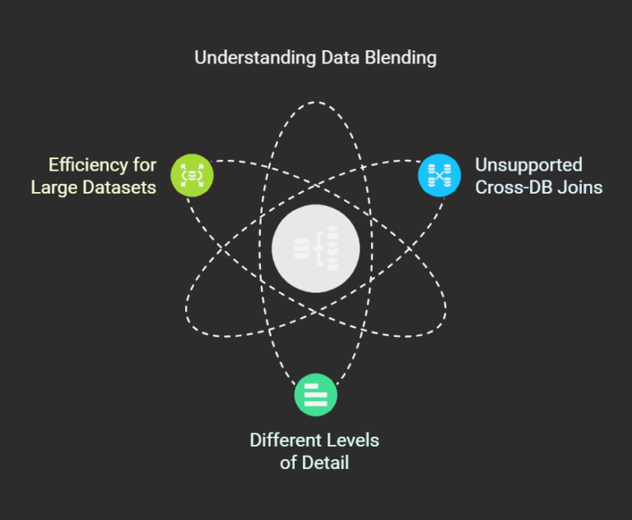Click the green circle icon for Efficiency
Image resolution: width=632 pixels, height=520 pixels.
point(192,175)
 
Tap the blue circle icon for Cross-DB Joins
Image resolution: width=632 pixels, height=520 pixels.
point(439,175)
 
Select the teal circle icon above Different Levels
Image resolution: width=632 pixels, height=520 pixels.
point(316,395)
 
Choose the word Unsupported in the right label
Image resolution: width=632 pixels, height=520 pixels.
point(528,164)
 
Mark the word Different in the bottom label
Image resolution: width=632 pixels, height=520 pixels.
point(286,439)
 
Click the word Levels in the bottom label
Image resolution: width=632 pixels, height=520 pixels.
point(352,439)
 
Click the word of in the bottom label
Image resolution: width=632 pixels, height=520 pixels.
point(288,462)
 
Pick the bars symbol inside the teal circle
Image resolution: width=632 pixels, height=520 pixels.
point(316,395)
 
